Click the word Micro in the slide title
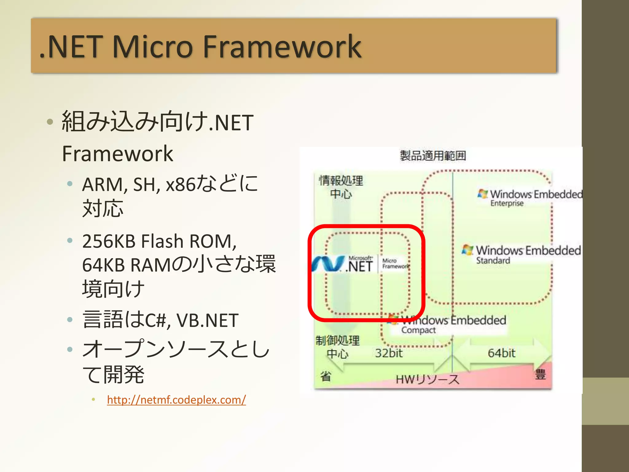[x=153, y=47]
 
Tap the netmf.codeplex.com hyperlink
[x=176, y=400]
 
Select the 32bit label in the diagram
[x=389, y=353]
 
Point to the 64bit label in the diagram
[x=501, y=353]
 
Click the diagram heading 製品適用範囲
[x=433, y=156]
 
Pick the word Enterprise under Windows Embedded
[x=507, y=203]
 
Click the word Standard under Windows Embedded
[x=493, y=261]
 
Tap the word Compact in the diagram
[x=418, y=330]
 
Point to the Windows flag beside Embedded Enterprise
[x=483, y=194]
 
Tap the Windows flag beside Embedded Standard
[x=467, y=250]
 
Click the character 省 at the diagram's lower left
[x=326, y=376]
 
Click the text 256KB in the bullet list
[x=109, y=241]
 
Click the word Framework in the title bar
[x=282, y=47]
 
